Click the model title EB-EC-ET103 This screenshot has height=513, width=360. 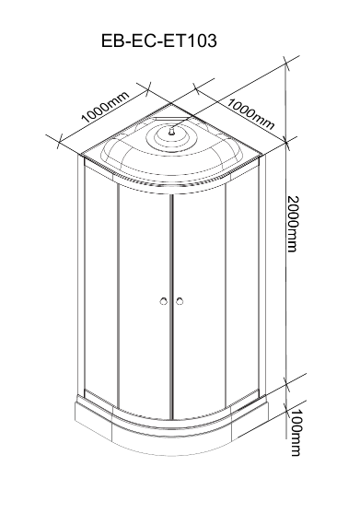pos(159,41)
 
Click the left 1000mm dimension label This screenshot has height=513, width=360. pos(105,107)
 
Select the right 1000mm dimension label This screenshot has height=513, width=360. pos(250,113)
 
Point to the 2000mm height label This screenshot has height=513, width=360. pos(293,224)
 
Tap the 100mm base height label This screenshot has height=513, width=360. pos(296,432)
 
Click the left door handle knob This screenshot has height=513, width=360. pos(164,301)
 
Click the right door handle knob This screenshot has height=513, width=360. pos(179,301)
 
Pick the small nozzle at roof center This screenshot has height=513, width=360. pos(171,132)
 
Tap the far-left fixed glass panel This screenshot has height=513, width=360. pos(100,278)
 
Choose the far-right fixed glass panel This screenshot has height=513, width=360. pos(242,278)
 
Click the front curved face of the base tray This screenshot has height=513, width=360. pos(171,440)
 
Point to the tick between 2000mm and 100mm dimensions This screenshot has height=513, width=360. pos(286,384)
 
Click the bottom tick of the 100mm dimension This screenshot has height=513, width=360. pos(286,411)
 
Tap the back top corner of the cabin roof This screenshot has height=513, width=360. pos(171,103)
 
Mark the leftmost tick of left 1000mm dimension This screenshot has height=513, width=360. pos(59,141)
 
